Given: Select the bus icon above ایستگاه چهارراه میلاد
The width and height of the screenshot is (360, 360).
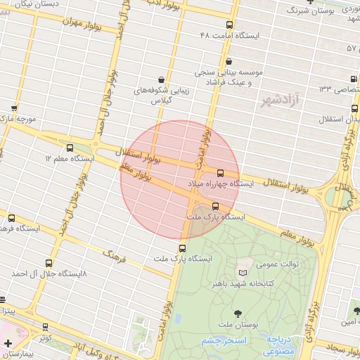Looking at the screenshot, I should point(220,172).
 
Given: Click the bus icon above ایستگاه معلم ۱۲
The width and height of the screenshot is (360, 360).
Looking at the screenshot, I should point(70,148).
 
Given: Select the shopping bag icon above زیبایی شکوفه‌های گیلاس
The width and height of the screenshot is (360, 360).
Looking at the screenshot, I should point(162,79).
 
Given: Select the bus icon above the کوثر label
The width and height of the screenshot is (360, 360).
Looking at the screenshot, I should point(46,327).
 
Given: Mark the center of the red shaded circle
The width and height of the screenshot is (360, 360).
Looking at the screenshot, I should point(180,180).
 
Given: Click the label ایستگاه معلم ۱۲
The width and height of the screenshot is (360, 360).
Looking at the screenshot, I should point(70,159).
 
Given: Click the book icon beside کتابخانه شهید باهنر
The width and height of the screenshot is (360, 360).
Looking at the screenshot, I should point(243,273).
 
